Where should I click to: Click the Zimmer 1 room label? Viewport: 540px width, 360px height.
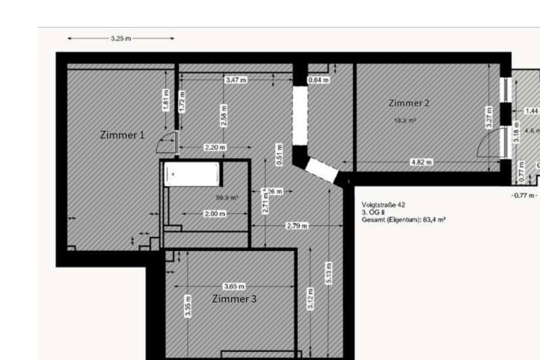[x=122, y=135]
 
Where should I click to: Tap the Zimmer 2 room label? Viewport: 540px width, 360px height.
[x=409, y=104]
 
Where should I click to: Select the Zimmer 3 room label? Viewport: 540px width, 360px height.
[x=234, y=299]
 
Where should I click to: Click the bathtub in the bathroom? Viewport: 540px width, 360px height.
[x=192, y=174]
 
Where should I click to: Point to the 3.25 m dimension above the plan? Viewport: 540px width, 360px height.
[x=120, y=39]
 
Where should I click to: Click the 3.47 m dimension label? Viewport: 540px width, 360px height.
[x=235, y=80]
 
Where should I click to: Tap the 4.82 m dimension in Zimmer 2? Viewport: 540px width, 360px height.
[x=421, y=162]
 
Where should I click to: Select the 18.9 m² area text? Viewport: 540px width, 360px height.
[x=405, y=120]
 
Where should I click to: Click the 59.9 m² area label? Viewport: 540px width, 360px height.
[x=227, y=198]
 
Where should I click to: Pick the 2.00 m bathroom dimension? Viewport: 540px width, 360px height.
[x=215, y=214]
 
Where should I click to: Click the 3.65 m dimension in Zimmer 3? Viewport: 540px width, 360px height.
[x=233, y=286]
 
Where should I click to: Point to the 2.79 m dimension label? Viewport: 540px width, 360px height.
[x=297, y=226]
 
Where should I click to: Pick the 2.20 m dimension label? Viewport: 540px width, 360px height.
[x=214, y=148]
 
